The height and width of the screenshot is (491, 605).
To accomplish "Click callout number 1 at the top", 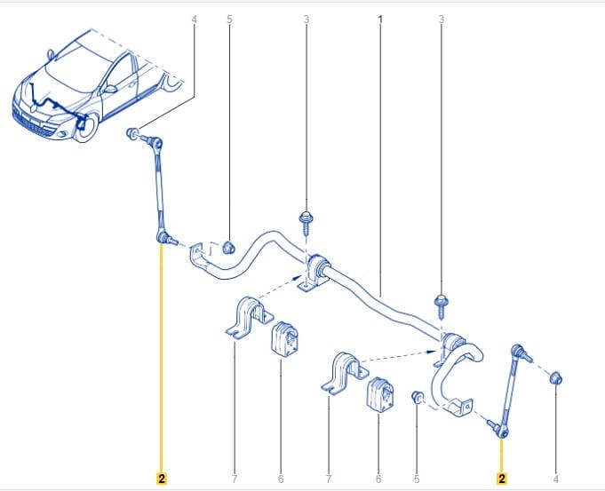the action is coord(380,19).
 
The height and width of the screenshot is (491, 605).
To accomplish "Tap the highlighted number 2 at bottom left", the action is coord(162,479).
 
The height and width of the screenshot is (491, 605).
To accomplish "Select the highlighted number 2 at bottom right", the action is coord(502,479).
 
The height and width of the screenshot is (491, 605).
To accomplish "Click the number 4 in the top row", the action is coord(194,19).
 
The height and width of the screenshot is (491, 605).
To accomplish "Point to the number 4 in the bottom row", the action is coord(555,479).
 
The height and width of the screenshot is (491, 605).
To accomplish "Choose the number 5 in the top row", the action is coord(229,19).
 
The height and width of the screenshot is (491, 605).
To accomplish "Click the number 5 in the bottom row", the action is coord(417,479).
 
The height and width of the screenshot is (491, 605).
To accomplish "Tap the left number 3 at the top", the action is coord(306,19).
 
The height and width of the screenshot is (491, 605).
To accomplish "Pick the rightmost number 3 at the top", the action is coord(442,19).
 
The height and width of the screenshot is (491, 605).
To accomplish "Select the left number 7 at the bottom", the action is coord(235,479).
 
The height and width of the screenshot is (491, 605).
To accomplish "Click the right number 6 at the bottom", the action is coord(378,479).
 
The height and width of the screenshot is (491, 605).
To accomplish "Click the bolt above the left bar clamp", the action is coord(306,223).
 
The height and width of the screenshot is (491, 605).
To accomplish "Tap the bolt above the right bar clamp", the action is coord(441,305).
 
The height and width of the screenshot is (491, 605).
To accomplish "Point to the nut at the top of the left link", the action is coord(132,134).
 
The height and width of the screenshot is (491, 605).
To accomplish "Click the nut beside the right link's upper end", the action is coord(555,378).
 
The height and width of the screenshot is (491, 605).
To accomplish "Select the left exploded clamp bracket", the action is coord(250,317).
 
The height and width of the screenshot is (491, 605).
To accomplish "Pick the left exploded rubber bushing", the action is coord(285,338).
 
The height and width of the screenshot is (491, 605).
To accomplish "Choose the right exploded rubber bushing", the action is coord(380,394).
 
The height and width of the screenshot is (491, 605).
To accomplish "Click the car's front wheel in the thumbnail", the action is coord(87,127).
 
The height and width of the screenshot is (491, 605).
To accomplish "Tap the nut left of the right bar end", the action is coord(417,397).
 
